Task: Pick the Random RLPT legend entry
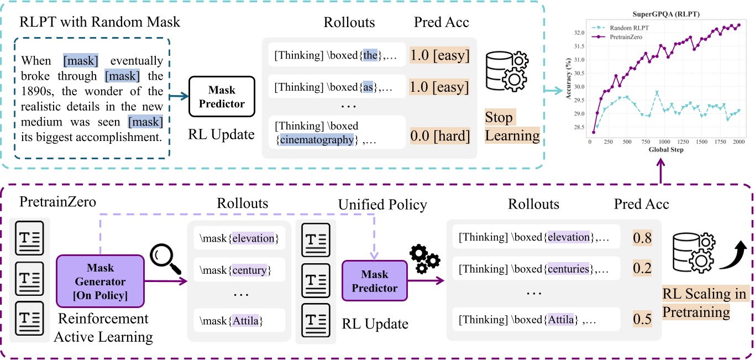tap(630, 27)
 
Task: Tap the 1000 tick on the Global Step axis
tap(664, 142)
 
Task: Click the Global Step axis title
tap(662, 150)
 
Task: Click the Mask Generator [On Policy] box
tap(100, 281)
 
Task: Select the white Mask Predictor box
tap(222, 97)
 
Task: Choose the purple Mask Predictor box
tap(375, 281)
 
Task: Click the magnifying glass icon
tap(165, 261)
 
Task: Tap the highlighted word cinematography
tap(316, 140)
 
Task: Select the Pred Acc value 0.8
tap(642, 238)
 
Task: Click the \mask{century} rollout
tap(235, 270)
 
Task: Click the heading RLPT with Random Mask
tap(99, 23)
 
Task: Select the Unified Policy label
tap(382, 205)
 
